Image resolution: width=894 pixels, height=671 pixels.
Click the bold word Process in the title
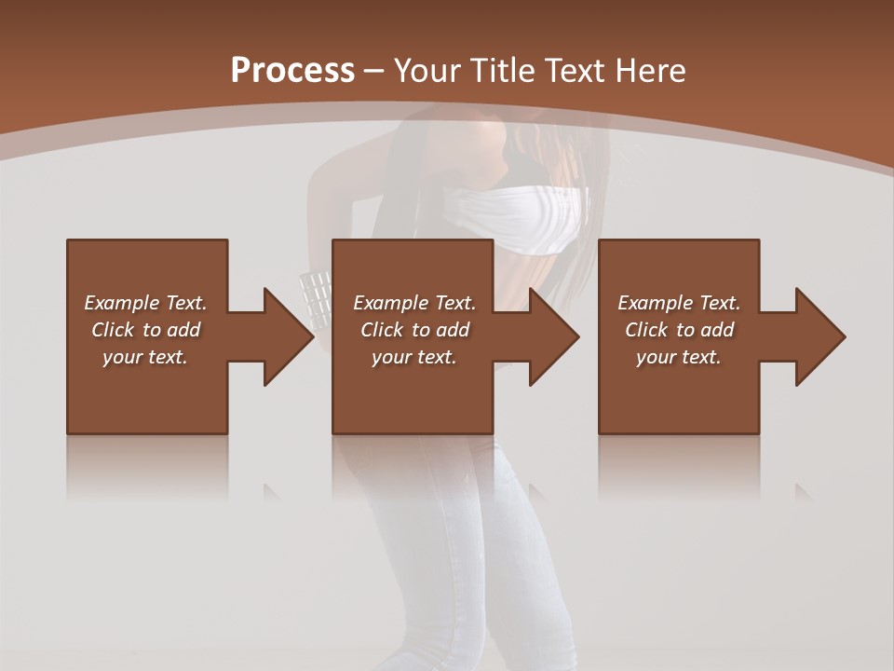pyautogui.click(x=292, y=70)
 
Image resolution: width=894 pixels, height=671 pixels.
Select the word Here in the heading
pyautogui.click(x=653, y=70)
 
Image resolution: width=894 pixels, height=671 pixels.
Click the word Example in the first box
pyautogui.click(x=121, y=303)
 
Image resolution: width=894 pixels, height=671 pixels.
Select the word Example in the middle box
pyautogui.click(x=390, y=303)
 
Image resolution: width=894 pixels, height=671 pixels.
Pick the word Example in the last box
pyautogui.click(x=655, y=303)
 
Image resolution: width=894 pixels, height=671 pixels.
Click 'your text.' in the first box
pyautogui.click(x=145, y=357)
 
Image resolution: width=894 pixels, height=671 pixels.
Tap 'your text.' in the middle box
pyautogui.click(x=413, y=357)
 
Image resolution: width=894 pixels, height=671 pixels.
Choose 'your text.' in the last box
pyautogui.click(x=679, y=357)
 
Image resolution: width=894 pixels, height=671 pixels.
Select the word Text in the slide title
pyautogui.click(x=576, y=70)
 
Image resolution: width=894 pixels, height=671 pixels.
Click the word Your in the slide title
pyautogui.click(x=427, y=70)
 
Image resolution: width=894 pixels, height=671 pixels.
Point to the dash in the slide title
pyautogui.click(x=373, y=71)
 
